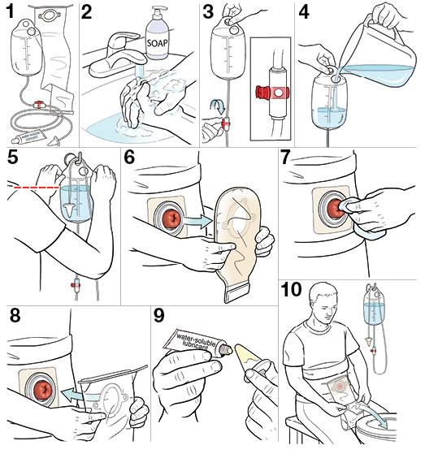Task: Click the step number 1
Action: point(11,13)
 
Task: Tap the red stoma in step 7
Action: point(336,210)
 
